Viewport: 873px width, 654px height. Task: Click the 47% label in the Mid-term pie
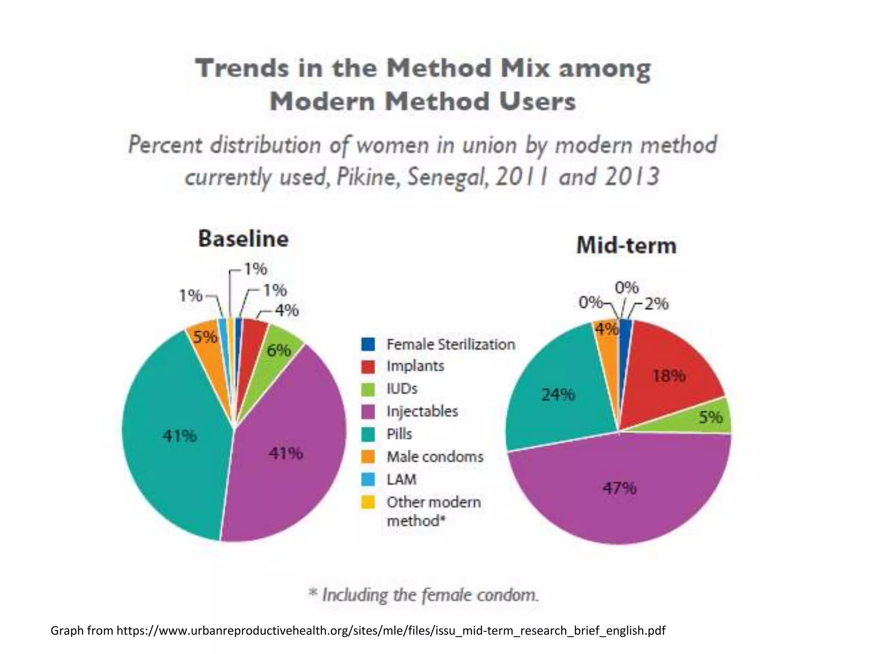(x=619, y=488)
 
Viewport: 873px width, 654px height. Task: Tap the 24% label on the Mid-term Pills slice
(x=558, y=395)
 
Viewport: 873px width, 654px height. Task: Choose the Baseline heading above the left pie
(x=243, y=238)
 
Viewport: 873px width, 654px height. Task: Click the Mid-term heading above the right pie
(x=626, y=246)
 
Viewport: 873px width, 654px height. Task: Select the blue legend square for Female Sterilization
(x=368, y=344)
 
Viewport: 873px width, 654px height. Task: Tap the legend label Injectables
(x=422, y=411)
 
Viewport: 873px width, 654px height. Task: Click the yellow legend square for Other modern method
(x=368, y=502)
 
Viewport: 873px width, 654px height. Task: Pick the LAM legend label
(x=401, y=479)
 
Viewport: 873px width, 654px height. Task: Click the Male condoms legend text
(x=435, y=457)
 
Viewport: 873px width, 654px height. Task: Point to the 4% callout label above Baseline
(x=286, y=310)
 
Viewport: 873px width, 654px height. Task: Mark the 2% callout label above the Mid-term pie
(x=656, y=304)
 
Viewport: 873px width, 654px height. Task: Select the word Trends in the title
(x=242, y=68)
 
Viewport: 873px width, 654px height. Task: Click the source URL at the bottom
(x=390, y=630)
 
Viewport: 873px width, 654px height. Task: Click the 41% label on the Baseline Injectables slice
(x=286, y=453)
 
